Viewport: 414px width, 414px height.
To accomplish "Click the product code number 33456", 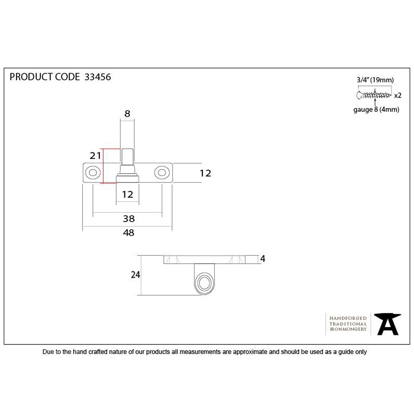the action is coord(97,77).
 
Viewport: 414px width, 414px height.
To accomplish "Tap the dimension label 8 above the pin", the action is coord(127,113).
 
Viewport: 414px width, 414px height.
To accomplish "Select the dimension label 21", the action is coord(95,156).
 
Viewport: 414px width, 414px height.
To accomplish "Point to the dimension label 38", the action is coord(129,219).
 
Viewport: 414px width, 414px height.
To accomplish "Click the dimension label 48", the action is coord(129,233).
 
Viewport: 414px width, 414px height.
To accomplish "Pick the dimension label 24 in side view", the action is coord(135,275).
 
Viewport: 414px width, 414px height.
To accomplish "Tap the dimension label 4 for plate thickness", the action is coord(262,258).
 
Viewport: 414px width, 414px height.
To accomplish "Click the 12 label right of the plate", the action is coord(205,173).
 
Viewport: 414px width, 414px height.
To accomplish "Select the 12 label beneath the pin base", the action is coord(128,194).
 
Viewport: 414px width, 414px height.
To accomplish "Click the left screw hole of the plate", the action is coord(93,173).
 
